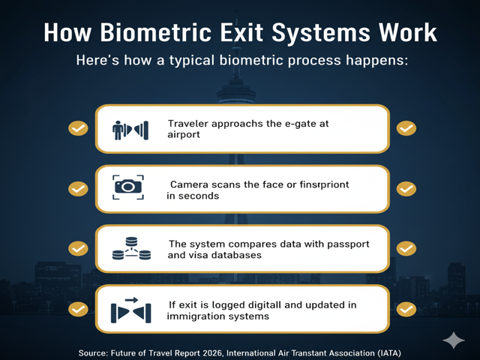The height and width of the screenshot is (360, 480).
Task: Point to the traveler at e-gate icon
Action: click(x=128, y=129)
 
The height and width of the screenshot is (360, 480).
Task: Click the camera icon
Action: click(x=127, y=187)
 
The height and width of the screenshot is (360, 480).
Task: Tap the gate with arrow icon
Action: click(x=130, y=310)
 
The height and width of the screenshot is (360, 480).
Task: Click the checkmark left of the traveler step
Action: click(x=78, y=128)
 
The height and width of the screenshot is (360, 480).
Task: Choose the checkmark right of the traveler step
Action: click(x=406, y=128)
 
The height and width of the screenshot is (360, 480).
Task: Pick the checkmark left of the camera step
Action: click(x=78, y=188)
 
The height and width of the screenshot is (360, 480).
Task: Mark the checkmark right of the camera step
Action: click(x=406, y=188)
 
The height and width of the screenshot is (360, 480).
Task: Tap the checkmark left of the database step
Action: click(x=78, y=248)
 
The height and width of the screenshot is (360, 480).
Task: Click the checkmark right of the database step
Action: click(x=406, y=248)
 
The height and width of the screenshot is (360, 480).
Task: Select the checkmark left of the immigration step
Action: click(x=78, y=308)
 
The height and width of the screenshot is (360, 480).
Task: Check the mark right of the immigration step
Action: click(x=406, y=308)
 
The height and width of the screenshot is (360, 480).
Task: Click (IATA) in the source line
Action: click(x=387, y=351)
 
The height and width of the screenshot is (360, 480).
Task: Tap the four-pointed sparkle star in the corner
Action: click(x=454, y=340)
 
